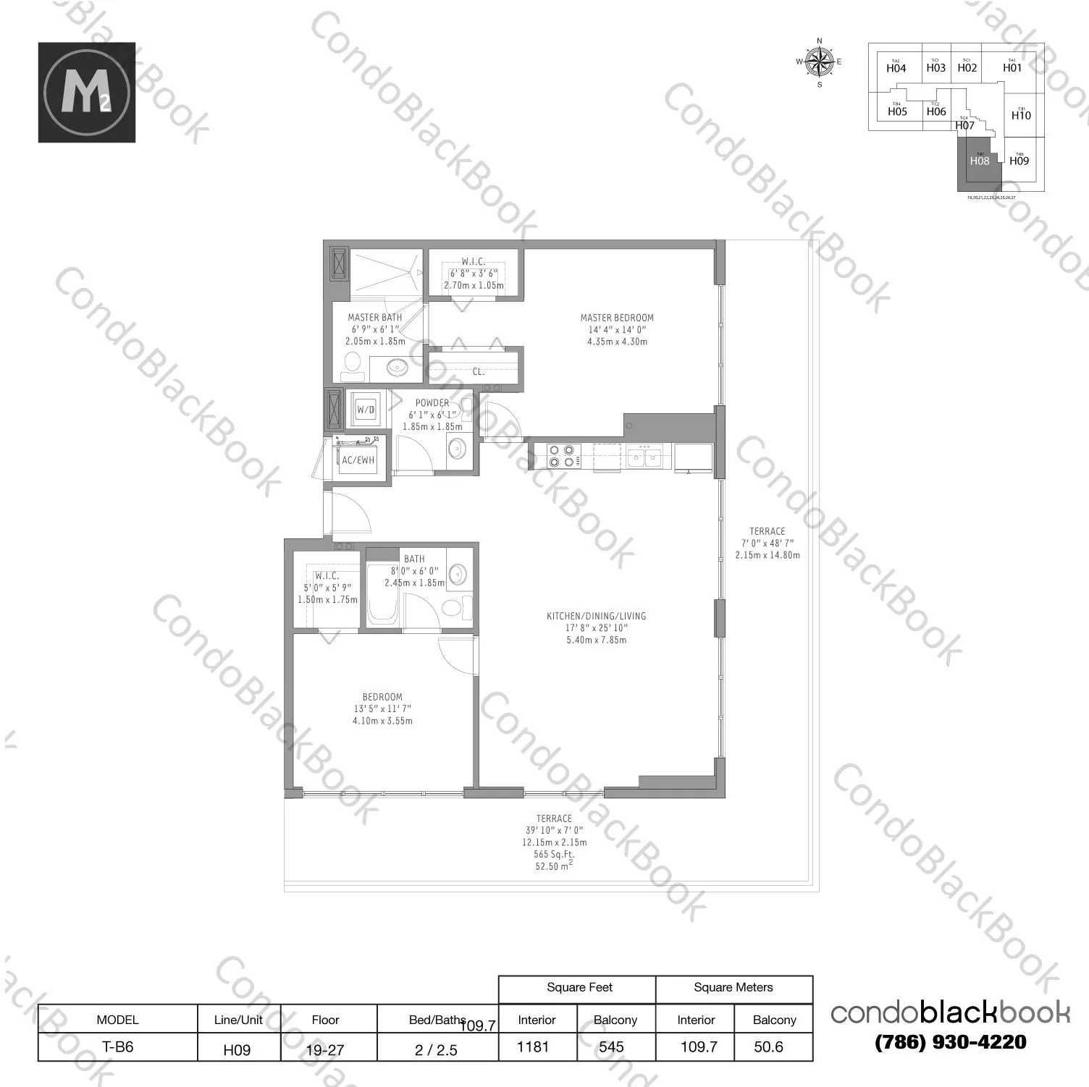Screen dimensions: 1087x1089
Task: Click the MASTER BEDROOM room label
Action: tap(617, 318)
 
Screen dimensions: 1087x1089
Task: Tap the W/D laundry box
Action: tap(366, 410)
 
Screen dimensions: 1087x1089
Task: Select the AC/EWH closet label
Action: tap(358, 460)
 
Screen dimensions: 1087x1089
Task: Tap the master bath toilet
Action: tap(353, 365)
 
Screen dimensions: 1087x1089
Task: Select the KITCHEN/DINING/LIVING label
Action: tap(596, 617)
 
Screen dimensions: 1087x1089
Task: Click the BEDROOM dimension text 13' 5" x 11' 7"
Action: tap(382, 709)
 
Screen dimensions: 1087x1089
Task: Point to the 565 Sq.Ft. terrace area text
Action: tap(555, 854)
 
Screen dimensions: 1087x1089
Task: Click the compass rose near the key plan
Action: tap(820, 62)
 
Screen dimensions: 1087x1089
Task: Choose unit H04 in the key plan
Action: tap(896, 68)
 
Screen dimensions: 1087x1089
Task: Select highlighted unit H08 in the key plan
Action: tap(979, 161)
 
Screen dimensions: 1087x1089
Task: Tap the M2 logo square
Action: tap(87, 92)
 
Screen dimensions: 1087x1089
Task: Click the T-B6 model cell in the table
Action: tap(117, 1047)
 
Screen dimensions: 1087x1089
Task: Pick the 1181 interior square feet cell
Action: tap(534, 1047)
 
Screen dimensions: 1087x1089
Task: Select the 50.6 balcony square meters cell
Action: tap(768, 1047)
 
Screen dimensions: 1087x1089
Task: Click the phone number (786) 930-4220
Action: tap(951, 1042)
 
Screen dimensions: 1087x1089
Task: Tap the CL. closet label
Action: tap(479, 372)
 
